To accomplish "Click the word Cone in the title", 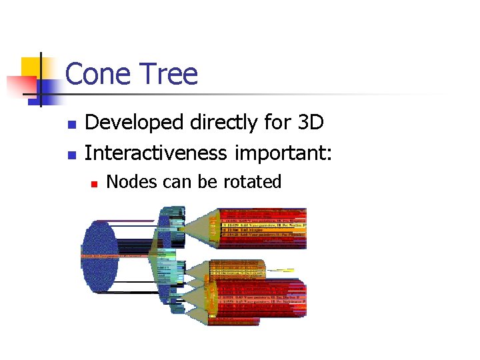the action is (x=97, y=74).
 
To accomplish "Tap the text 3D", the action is (x=310, y=123).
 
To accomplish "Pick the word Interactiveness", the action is (x=157, y=154).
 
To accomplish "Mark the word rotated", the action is (x=253, y=182).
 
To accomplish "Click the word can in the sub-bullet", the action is (x=163, y=182).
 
